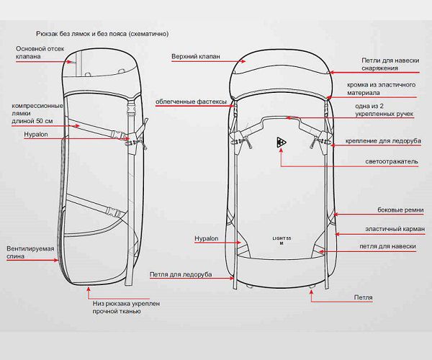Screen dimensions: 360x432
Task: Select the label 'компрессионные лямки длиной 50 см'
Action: [33, 114]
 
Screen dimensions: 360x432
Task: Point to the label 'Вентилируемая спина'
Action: [30, 253]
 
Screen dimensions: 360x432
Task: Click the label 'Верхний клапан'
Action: [195, 55]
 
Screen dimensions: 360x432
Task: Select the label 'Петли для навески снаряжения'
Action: [389, 64]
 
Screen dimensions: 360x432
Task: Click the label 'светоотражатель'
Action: [392, 162]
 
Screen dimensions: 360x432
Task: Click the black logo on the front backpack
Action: [281, 143]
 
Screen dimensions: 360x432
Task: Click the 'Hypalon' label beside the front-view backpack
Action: [205, 238]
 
